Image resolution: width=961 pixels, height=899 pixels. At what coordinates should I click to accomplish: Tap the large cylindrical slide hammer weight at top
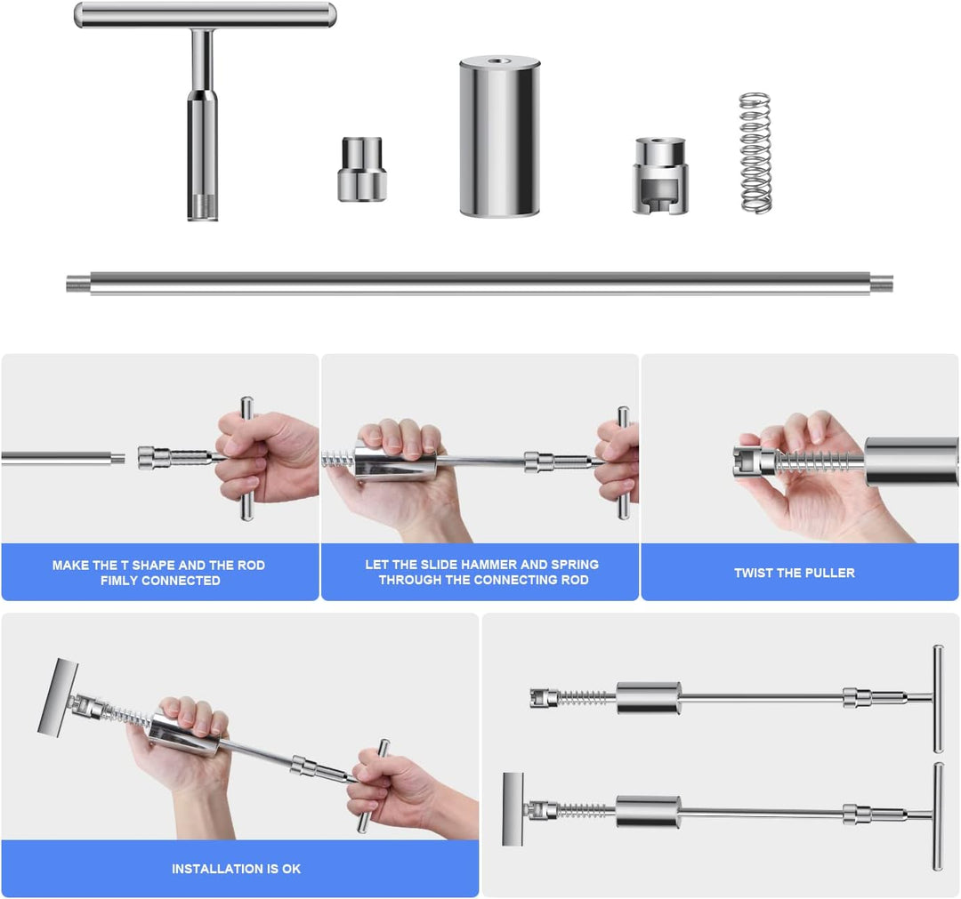(499, 136)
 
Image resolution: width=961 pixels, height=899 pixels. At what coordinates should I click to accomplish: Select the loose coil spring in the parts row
(755, 153)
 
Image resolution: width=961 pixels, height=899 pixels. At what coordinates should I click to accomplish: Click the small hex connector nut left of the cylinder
(362, 170)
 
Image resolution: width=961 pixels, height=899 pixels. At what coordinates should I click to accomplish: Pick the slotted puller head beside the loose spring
(660, 176)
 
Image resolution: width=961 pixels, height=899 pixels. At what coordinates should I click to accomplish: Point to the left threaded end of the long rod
(78, 284)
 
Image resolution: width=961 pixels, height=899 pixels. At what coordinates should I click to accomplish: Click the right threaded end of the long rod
(881, 284)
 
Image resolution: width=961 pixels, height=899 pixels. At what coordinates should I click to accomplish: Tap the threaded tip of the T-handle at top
(203, 207)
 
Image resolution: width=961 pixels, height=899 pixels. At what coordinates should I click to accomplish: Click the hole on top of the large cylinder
(497, 61)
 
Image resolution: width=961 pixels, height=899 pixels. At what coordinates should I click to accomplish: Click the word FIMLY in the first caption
(119, 581)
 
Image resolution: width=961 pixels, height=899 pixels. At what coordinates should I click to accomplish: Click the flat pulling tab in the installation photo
(58, 697)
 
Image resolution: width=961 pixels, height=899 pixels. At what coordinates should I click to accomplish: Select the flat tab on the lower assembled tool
(513, 809)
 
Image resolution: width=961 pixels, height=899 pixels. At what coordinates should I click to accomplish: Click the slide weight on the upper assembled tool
(649, 697)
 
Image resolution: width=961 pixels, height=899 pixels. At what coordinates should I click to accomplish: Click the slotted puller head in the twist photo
(756, 462)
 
